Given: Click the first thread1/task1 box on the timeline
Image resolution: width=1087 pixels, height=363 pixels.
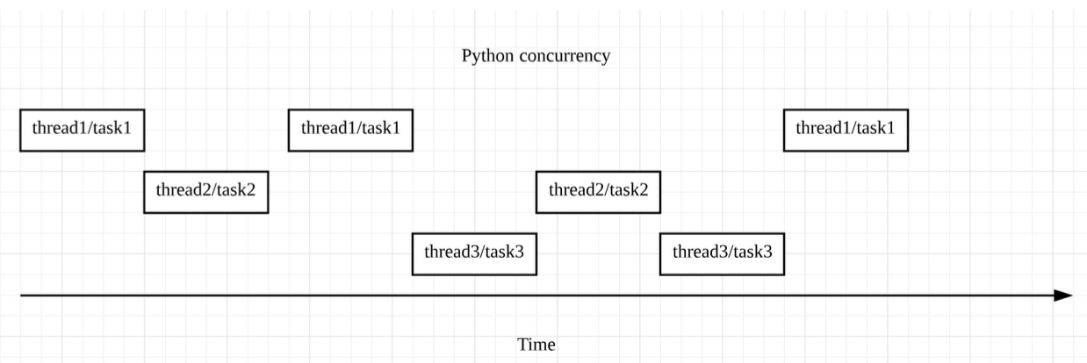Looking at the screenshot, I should [82, 130].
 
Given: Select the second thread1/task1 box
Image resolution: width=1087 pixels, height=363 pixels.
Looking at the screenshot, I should [350, 130].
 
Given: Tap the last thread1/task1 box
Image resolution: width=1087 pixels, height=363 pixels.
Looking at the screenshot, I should [846, 130].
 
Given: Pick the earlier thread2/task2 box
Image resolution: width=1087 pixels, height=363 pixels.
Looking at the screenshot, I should [205, 191].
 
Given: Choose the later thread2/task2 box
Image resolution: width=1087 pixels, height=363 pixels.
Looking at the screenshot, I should [598, 191].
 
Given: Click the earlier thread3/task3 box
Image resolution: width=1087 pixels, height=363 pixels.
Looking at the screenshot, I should [474, 253].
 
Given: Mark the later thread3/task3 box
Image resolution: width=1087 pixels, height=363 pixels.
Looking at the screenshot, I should [722, 253].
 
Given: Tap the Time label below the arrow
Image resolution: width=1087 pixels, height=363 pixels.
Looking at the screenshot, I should [536, 345].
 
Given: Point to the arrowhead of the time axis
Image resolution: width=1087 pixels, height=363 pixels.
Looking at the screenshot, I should [1063, 295].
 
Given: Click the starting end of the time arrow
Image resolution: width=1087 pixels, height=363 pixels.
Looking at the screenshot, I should [22, 295].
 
